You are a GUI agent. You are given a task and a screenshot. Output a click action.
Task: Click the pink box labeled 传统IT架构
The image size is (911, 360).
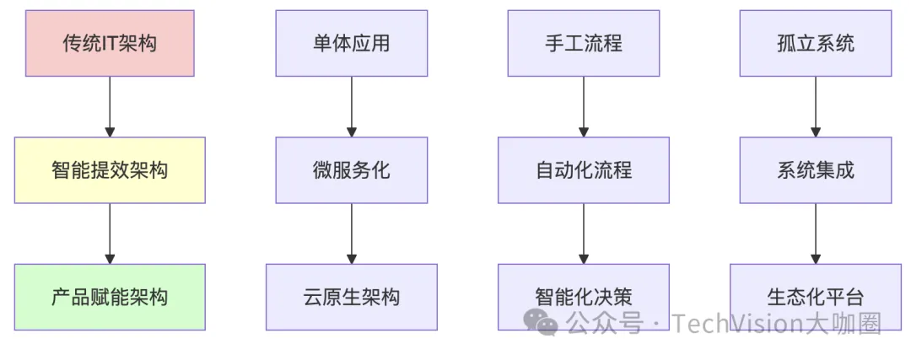click(110, 43)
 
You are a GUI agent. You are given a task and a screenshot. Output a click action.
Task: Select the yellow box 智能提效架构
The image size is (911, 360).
click(110, 169)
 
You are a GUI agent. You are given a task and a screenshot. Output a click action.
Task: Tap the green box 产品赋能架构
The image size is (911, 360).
click(110, 297)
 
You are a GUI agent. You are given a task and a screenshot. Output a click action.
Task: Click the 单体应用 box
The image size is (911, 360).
click(352, 43)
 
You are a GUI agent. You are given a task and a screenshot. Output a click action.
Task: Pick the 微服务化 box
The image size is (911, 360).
click(352, 169)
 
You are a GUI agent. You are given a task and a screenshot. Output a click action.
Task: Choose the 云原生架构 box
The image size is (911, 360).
click(352, 297)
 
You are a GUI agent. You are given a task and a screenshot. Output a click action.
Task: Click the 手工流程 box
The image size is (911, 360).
click(584, 43)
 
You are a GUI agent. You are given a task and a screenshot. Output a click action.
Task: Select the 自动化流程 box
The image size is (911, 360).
click(584, 169)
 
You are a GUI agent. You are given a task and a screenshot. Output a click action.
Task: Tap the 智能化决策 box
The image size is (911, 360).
click(584, 297)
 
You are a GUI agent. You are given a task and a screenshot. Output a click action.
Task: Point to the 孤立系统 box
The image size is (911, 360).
click(816, 43)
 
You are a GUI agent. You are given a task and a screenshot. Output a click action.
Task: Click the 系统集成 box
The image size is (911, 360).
click(816, 169)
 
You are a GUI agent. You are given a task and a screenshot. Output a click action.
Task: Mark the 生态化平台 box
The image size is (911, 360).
click(816, 297)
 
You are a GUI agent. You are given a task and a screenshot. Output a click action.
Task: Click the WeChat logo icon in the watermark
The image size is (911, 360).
click(540, 322)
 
